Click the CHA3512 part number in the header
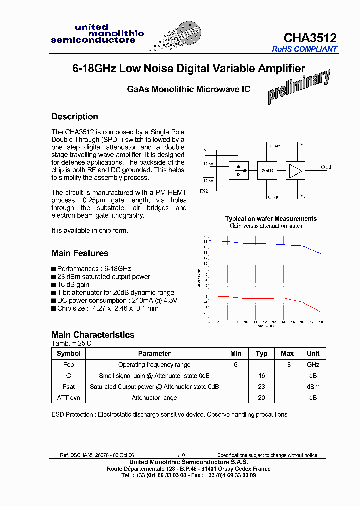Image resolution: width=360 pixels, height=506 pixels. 310,38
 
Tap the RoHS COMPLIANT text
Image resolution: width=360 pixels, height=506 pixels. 305,49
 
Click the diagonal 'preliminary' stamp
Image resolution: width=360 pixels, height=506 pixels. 298,87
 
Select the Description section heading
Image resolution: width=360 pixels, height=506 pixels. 75,117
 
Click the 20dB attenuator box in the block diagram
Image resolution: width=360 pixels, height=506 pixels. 267,171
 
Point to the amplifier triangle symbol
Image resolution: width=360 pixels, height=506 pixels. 295,171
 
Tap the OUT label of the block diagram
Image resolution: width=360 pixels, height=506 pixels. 326,167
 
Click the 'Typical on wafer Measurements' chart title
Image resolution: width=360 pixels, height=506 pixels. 271,219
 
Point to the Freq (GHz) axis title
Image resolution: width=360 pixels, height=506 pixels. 264,326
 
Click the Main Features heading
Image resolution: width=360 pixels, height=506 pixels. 80,253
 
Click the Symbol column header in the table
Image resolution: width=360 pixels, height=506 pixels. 68,353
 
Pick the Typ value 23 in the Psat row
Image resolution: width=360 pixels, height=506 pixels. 261,387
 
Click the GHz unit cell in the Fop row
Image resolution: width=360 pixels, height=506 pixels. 313,365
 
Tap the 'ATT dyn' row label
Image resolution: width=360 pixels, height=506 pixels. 68,398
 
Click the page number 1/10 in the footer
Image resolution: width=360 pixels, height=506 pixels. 180,455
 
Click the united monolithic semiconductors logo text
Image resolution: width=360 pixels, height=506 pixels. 97,33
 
